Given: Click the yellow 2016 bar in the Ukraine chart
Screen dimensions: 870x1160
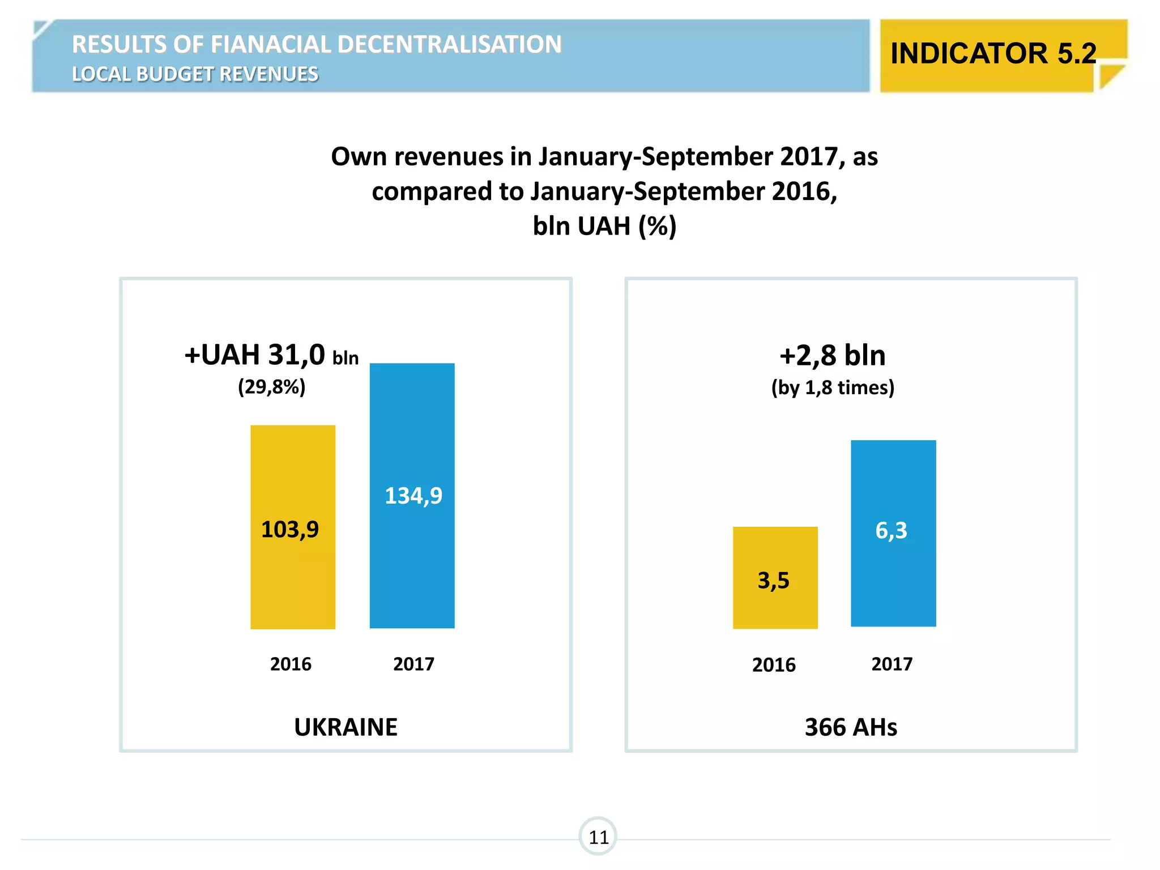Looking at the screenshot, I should [293, 583].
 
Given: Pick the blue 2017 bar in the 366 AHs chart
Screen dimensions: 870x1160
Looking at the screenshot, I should [893, 583].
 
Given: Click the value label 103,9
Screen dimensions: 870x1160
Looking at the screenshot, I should [290, 530].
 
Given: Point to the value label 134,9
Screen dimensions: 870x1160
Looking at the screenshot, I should [413, 496].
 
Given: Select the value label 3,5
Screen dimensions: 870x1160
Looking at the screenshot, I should [774, 581].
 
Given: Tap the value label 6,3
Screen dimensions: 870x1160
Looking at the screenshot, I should [892, 531].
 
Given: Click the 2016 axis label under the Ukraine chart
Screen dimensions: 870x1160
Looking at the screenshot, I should [291, 664].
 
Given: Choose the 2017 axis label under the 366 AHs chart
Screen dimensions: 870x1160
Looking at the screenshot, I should [892, 664].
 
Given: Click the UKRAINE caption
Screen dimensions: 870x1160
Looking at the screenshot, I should [346, 727].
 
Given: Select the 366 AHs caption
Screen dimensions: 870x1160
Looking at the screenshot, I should [851, 727].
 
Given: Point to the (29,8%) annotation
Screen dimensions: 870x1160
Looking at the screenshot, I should [272, 387].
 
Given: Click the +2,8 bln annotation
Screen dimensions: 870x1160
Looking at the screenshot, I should [833, 356].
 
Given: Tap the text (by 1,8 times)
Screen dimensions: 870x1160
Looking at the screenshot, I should [833, 388].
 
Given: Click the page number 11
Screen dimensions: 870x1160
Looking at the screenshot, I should [598, 837].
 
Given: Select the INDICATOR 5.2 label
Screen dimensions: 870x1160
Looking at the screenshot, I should [993, 54].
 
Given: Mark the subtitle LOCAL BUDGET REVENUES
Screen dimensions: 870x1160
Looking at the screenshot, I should [195, 74].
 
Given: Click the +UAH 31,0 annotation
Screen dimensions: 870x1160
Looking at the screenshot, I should [255, 356].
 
